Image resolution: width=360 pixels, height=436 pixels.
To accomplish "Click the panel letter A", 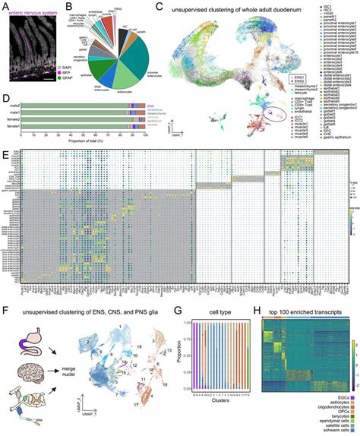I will [5, 5].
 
